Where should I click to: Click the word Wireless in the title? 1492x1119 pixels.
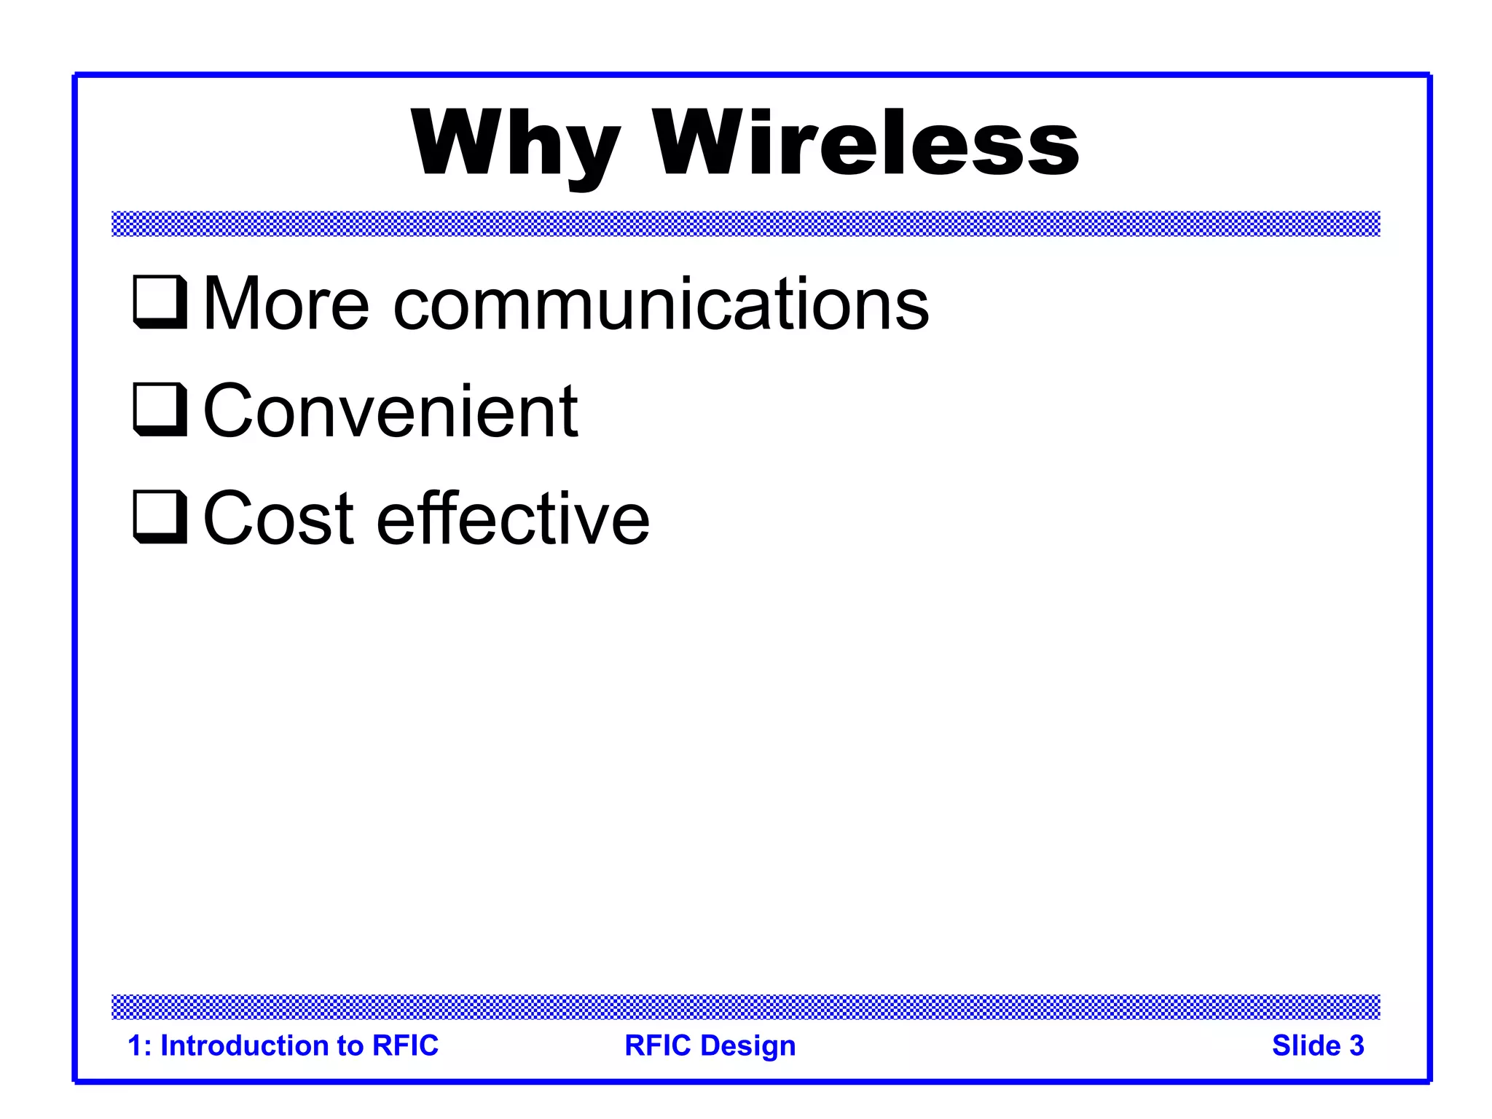(x=865, y=144)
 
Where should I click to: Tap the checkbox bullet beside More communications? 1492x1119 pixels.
(x=160, y=302)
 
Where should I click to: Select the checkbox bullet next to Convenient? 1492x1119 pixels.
(x=160, y=409)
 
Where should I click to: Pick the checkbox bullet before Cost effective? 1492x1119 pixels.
(x=160, y=517)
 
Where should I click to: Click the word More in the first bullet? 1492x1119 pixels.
(x=286, y=304)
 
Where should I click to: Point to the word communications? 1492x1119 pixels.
(x=661, y=304)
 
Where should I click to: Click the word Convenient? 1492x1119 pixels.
(x=390, y=412)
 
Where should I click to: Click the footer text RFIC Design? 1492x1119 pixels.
(x=710, y=1045)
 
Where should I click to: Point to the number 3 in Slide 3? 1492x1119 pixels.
(x=1356, y=1045)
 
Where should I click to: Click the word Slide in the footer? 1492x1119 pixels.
(x=1305, y=1045)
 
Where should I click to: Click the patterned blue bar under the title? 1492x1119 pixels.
(x=745, y=224)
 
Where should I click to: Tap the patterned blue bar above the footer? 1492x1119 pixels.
(x=745, y=1007)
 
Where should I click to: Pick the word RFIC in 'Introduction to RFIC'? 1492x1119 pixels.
(x=405, y=1045)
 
